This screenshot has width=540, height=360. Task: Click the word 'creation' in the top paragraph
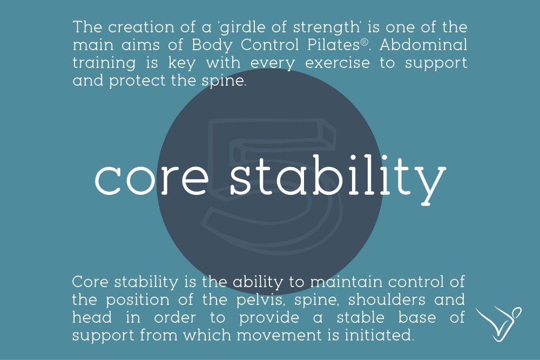pyautogui.click(x=141, y=27)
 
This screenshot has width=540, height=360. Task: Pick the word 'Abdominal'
pyautogui.click(x=423, y=45)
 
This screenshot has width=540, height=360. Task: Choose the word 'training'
pyautogui.click(x=104, y=64)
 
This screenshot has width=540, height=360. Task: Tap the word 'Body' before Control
pyautogui.click(x=211, y=45)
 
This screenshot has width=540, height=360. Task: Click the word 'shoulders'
pyautogui.click(x=387, y=300)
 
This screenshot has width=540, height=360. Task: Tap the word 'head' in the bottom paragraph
pyautogui.click(x=92, y=317)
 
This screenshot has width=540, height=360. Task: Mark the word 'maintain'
pyautogui.click(x=346, y=282)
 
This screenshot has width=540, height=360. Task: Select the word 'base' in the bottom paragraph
pyautogui.click(x=417, y=317)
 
